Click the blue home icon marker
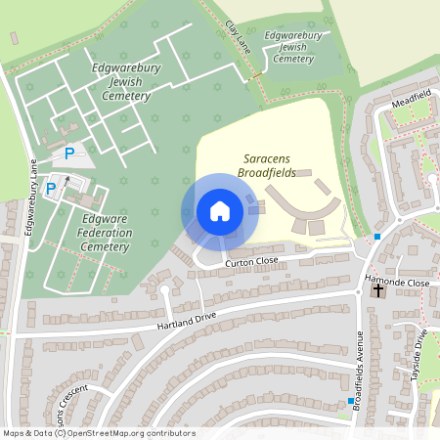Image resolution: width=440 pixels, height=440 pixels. click(x=220, y=211)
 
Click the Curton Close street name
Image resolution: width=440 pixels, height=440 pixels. click(x=251, y=262)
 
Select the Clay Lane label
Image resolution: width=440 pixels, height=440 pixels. click(x=239, y=37)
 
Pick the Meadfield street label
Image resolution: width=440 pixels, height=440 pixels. click(x=410, y=102)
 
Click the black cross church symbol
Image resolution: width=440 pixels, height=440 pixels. click(x=378, y=290)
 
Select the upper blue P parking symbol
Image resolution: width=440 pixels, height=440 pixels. click(x=69, y=153)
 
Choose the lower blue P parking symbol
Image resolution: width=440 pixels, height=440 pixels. click(x=51, y=188)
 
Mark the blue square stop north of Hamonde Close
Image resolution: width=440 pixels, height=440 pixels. click(x=377, y=236)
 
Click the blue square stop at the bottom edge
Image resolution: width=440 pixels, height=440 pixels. click(x=350, y=401)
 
